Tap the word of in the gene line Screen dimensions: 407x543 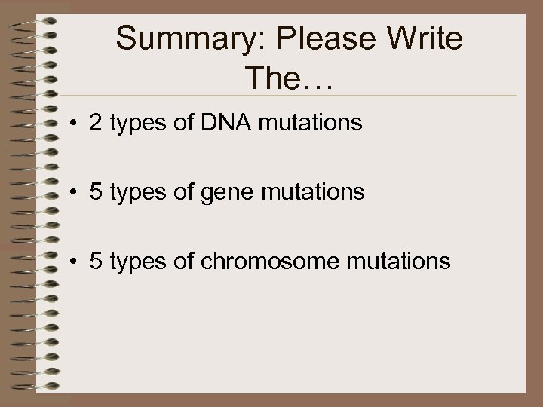188,192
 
